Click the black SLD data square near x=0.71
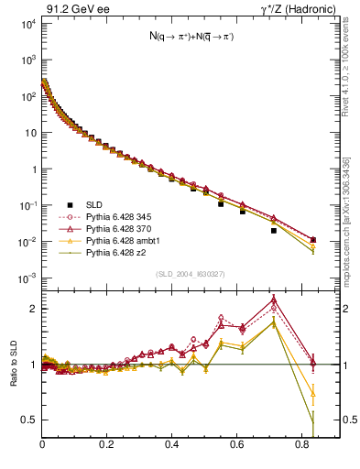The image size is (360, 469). pyautogui.click(x=274, y=231)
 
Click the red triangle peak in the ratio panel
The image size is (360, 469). pyautogui.click(x=274, y=299)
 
